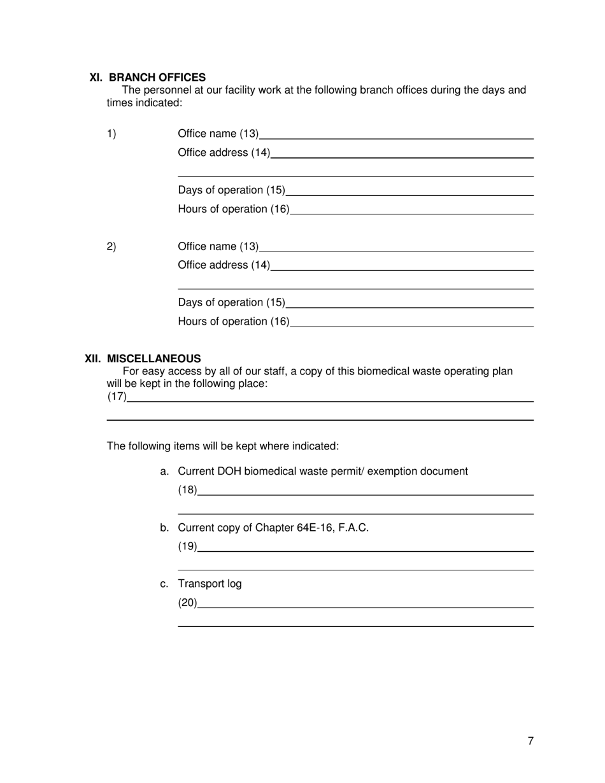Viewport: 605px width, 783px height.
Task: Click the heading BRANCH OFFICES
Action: coord(157,77)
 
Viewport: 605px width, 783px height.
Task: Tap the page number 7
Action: coord(530,740)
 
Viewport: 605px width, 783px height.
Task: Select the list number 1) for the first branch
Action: coord(111,134)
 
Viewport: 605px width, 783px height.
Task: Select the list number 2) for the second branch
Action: coord(111,246)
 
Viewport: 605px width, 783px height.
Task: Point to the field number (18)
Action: coord(187,490)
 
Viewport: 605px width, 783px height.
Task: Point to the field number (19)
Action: coord(187,546)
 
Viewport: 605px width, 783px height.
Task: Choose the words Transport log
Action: coord(210,584)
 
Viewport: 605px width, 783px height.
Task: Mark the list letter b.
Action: coord(164,528)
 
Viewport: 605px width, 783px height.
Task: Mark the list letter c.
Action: coord(164,584)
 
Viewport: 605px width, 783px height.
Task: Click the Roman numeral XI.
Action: coord(96,77)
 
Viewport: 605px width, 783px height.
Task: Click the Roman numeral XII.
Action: coord(94,358)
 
